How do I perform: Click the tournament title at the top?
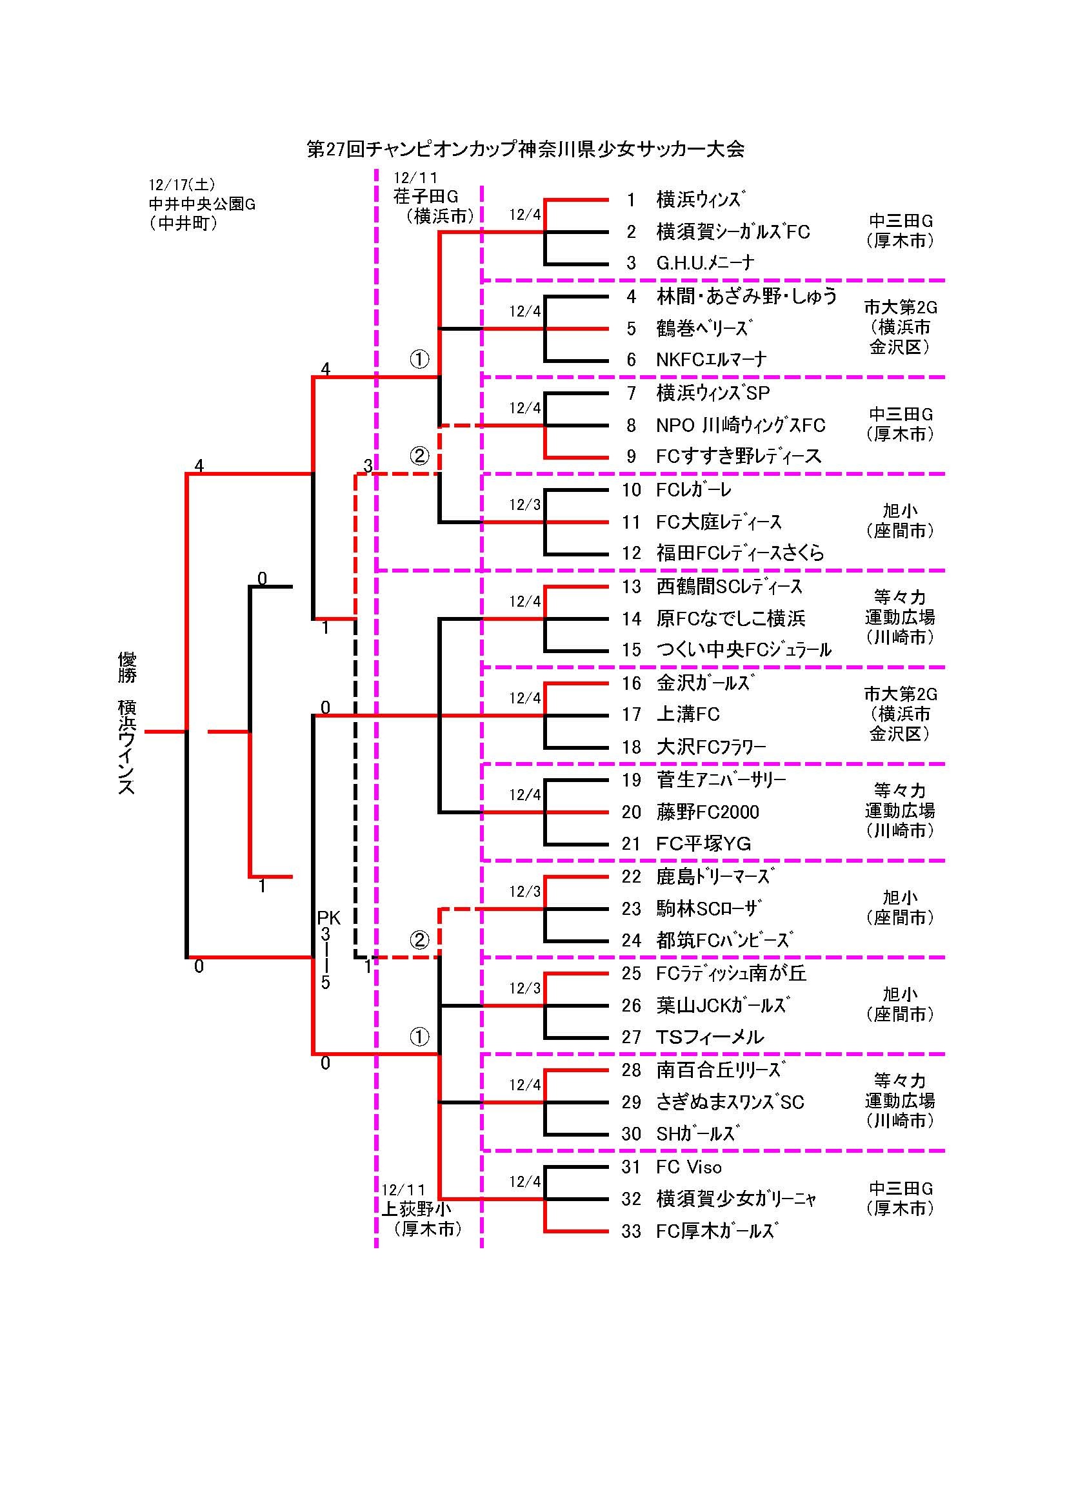[526, 150]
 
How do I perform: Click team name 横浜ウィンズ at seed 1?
[701, 200]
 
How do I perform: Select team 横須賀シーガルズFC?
[733, 232]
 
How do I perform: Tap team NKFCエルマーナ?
[711, 360]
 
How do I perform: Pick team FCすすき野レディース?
[739, 456]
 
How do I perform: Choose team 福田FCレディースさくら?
[740, 553]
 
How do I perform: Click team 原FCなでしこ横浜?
[731, 619]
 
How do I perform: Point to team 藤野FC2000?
[708, 812]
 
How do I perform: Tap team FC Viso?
[688, 1167]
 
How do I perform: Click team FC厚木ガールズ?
[717, 1231]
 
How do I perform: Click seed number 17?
[632, 714]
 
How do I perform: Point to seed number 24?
[632, 941]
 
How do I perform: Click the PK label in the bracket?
[328, 917]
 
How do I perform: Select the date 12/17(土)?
[182, 185]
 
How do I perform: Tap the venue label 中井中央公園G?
[202, 204]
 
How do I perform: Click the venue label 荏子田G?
[426, 197]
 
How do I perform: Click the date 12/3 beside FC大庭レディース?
[524, 505]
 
